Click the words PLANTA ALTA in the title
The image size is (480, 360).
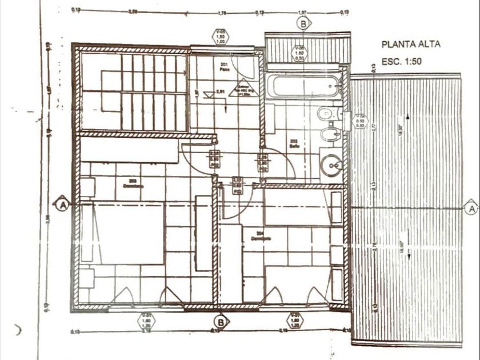click(x=410, y=45)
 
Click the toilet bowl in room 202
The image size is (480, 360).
click(x=325, y=113)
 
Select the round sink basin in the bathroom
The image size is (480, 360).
click(x=330, y=166)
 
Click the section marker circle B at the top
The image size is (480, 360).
click(x=303, y=23)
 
